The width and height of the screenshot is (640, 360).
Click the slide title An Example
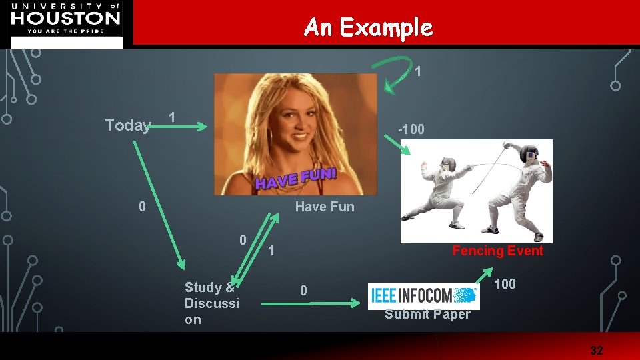click(x=368, y=27)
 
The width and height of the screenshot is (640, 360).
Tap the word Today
click(x=127, y=125)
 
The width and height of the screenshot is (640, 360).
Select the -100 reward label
click(x=411, y=129)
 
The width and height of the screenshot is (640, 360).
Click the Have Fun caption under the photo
click(x=325, y=207)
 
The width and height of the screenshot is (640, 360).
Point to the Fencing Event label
click(x=497, y=251)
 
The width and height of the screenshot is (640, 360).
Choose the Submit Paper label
click(x=427, y=314)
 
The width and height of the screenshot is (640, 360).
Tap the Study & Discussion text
click(x=211, y=303)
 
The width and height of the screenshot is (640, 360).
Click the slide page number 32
click(x=596, y=350)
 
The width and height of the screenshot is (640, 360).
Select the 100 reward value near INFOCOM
click(x=505, y=284)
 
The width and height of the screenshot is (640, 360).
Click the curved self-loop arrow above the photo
click(x=393, y=71)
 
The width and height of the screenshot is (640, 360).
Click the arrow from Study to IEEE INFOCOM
click(x=310, y=303)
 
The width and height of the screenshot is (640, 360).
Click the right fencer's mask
click(x=531, y=155)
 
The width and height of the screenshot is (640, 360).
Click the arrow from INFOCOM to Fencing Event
click(x=484, y=275)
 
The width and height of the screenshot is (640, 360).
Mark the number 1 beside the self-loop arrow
click(x=417, y=71)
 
